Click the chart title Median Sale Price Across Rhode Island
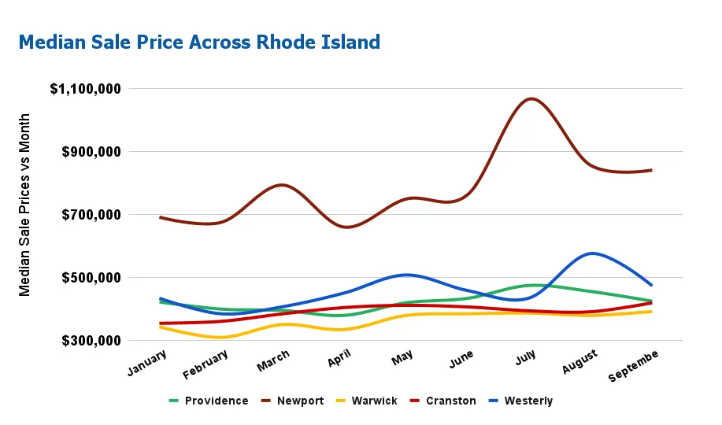[199, 42]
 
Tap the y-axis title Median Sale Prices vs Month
[25, 205]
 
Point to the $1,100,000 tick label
[86, 89]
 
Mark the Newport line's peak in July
[532, 98]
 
